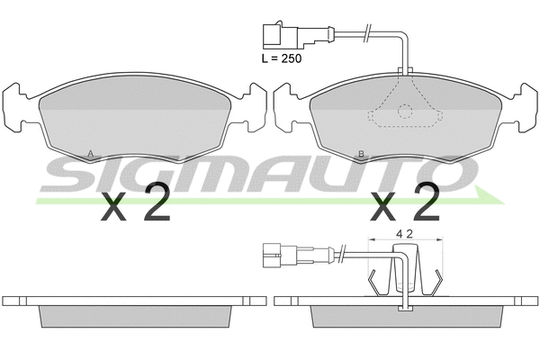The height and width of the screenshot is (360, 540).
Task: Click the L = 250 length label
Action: click(280, 58)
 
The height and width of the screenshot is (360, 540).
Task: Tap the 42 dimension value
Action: click(405, 234)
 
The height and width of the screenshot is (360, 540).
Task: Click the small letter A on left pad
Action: click(90, 154)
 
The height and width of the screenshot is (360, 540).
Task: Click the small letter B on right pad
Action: click(361, 154)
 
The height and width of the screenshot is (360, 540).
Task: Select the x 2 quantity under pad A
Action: click(135, 206)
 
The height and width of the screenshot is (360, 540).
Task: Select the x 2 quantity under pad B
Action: click(405, 206)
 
